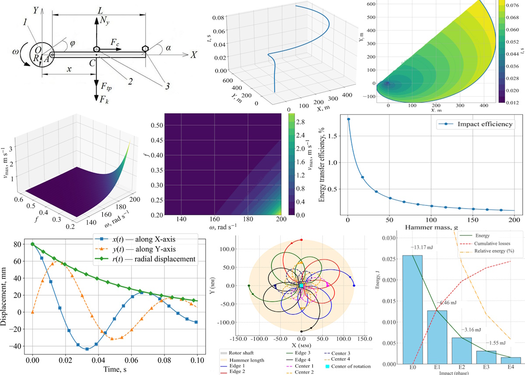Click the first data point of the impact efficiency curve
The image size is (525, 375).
(x=348, y=119)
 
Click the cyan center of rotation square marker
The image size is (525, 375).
(x=301, y=286)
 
